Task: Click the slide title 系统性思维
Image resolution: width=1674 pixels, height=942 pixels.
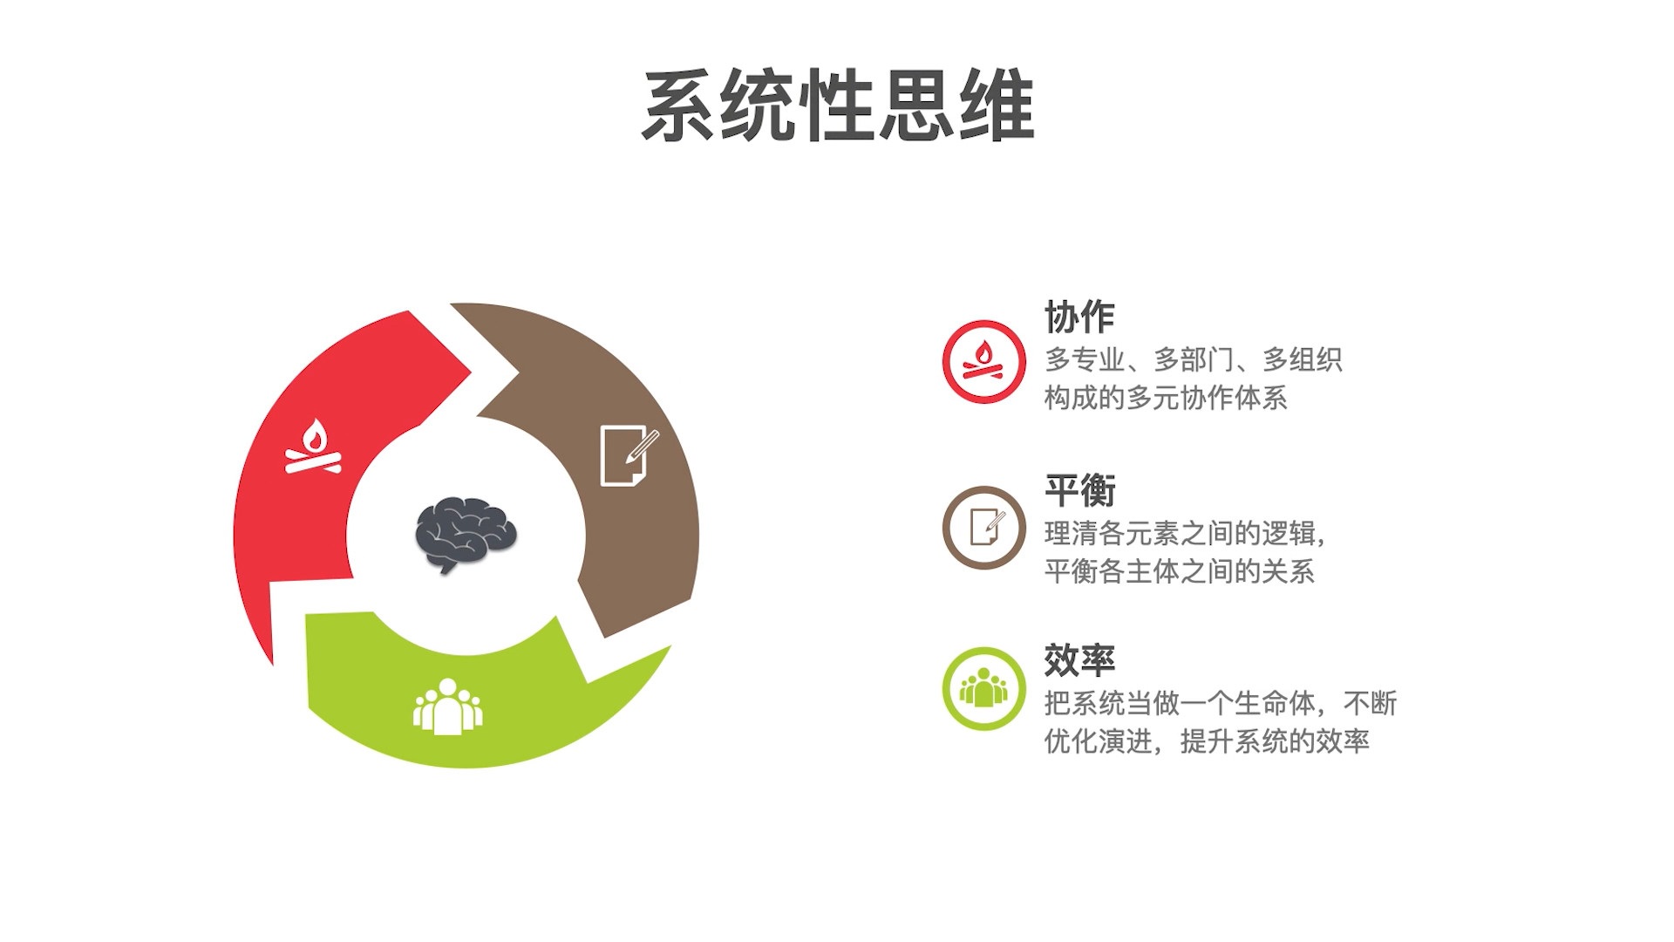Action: point(837,106)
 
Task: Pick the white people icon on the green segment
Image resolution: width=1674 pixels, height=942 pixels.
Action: point(447,707)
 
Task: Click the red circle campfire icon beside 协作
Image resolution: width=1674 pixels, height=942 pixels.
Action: point(983,361)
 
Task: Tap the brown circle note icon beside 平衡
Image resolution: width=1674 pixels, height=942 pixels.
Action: point(983,528)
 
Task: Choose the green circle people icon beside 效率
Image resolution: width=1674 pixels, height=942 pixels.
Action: point(983,688)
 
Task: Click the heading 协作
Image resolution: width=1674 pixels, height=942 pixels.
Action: point(1079,317)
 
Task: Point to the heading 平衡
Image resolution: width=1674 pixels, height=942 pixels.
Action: point(1079,490)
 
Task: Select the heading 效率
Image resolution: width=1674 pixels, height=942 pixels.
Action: point(1079,660)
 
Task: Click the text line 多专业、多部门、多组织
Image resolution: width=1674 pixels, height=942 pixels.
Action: point(1193,359)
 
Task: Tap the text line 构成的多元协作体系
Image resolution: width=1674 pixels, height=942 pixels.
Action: point(1166,398)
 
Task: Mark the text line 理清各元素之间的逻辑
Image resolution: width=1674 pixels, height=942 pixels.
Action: point(1184,533)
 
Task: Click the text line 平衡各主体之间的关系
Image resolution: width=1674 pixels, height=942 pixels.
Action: point(1179,571)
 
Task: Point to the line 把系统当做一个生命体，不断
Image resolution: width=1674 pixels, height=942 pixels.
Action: point(1220,703)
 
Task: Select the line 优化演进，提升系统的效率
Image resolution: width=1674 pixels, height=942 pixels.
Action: point(1207,741)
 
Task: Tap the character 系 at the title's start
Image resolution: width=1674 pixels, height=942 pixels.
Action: point(680,106)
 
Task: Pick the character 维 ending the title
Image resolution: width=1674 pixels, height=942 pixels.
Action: point(997,106)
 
